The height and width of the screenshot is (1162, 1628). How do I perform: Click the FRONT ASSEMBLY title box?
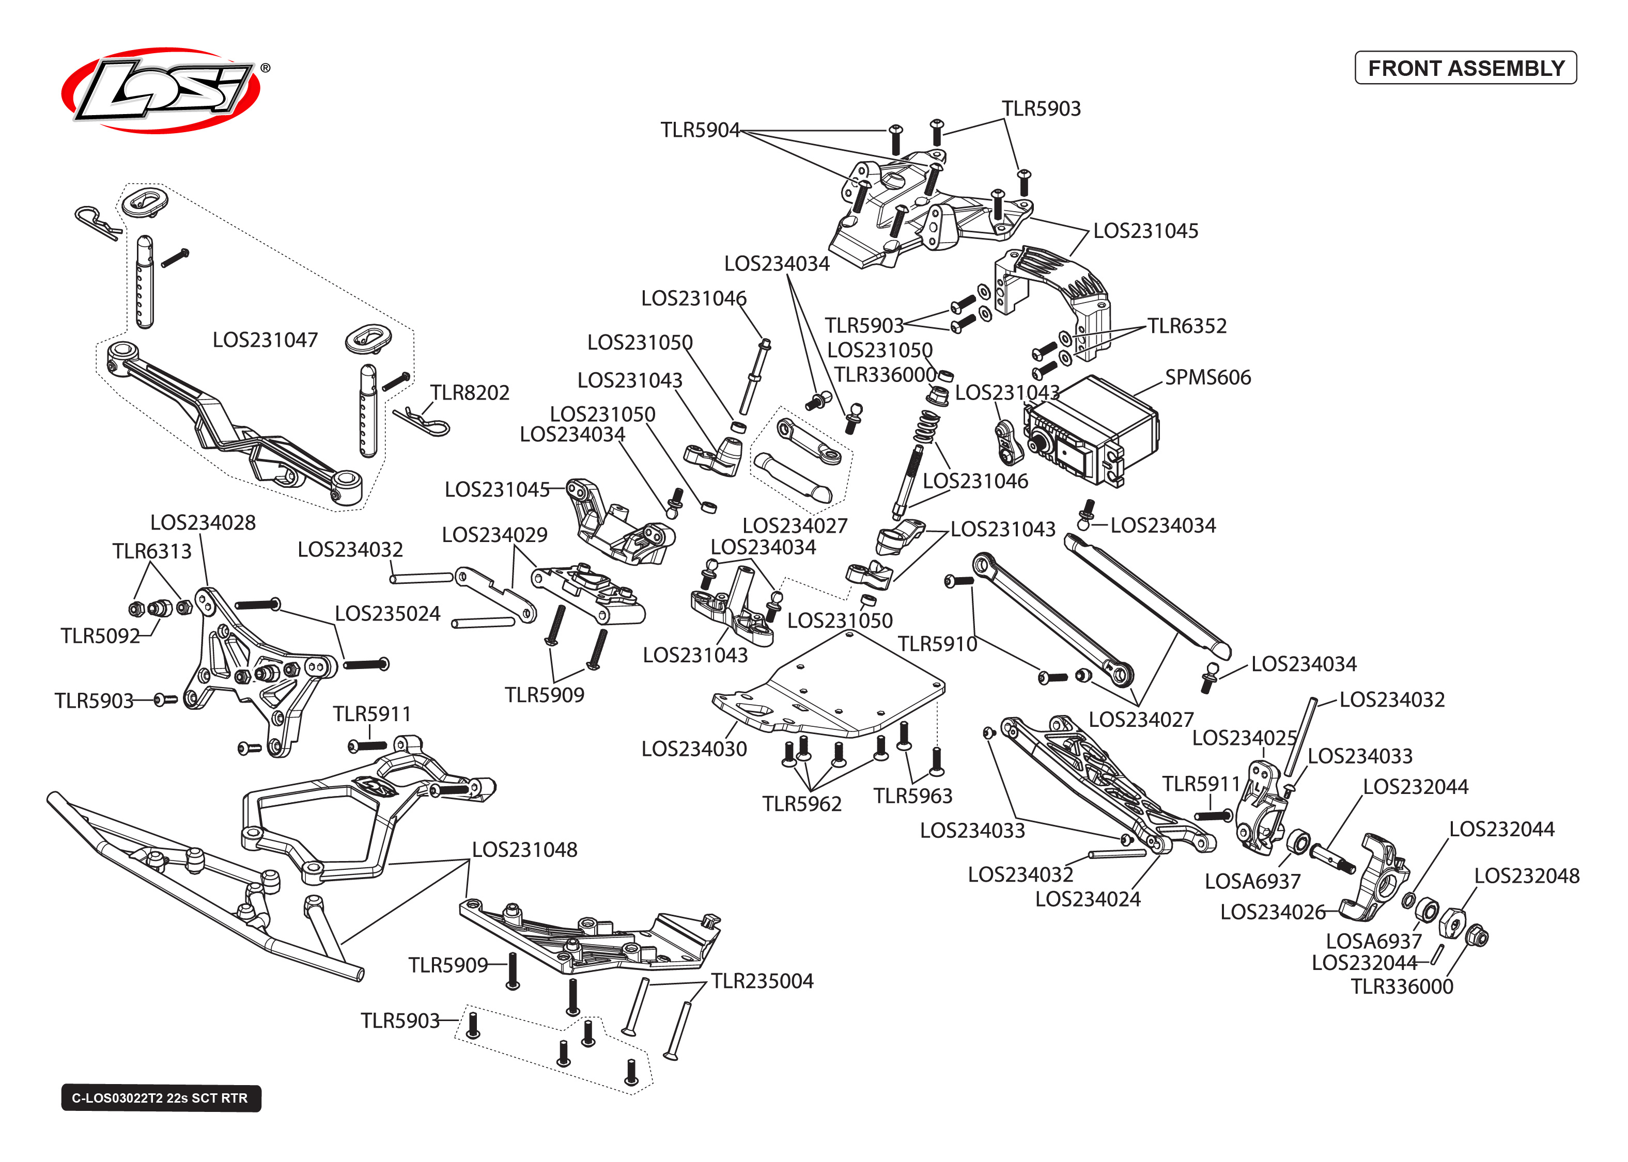(x=1465, y=68)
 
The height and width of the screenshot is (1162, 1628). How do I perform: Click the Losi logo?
(x=161, y=90)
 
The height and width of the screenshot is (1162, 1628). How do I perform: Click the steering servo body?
(x=1092, y=429)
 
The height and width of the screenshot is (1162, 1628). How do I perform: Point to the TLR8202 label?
(x=470, y=392)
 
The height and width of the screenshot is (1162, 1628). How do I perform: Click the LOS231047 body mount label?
(x=265, y=339)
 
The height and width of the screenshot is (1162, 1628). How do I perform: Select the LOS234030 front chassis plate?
(x=830, y=687)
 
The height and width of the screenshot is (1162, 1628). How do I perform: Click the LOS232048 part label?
(x=1526, y=875)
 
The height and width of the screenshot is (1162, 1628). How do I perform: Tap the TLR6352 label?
(x=1186, y=326)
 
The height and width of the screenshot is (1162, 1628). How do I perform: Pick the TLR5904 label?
(x=700, y=130)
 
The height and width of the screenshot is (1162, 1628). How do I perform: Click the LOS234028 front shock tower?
(x=251, y=665)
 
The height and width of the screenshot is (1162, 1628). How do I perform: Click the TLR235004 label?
(x=762, y=980)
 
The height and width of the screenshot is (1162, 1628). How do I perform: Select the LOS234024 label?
(x=1088, y=899)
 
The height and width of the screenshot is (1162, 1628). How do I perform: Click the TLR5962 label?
(x=802, y=804)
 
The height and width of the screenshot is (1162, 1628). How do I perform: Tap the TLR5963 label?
(x=913, y=795)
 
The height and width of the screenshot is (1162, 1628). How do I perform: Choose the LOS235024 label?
(x=387, y=613)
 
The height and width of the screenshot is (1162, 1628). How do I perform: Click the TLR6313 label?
(x=152, y=551)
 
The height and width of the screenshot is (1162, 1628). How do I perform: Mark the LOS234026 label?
(x=1272, y=912)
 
